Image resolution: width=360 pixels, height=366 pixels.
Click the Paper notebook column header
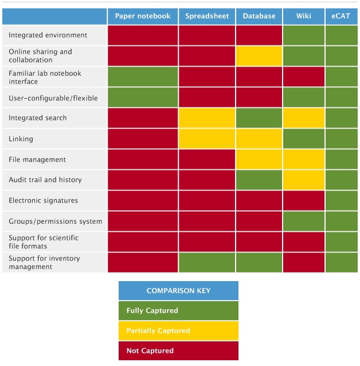point(143,16)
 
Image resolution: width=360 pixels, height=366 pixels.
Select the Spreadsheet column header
point(207,16)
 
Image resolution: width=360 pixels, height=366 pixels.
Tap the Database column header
point(259,16)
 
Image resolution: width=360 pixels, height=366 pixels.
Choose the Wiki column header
point(304,16)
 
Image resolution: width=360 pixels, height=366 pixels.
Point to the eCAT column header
point(341,16)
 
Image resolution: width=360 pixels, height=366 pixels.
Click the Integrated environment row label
point(48,35)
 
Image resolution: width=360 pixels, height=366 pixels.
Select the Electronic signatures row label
point(43,201)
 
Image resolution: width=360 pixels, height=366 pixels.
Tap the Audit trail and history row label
point(45,180)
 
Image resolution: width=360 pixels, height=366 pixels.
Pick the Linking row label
point(21,139)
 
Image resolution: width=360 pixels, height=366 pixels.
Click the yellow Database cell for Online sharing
point(259,56)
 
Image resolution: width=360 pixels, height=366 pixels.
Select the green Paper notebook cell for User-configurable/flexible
point(143,98)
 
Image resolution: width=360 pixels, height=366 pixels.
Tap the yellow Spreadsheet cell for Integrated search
point(207,118)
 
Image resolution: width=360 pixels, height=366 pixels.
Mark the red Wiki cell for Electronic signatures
point(304,201)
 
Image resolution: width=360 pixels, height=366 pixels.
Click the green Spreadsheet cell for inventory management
point(207,263)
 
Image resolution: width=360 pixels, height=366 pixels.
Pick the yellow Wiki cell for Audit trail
point(304,180)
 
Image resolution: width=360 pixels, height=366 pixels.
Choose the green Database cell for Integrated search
point(259,118)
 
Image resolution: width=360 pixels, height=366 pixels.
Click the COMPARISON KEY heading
point(178,291)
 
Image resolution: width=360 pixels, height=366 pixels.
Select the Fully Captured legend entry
point(178,311)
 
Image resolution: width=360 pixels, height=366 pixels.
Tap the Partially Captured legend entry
point(178,331)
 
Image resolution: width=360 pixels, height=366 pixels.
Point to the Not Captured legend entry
point(178,351)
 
